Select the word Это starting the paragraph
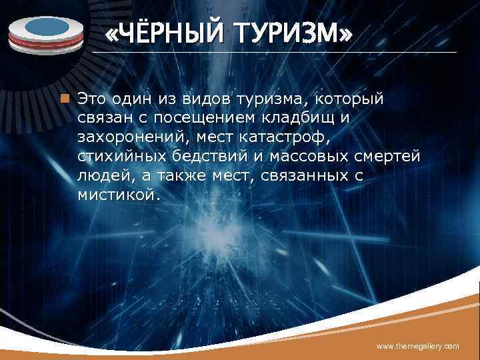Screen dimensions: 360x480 pyautogui.click(x=90, y=99)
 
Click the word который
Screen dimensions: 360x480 pyautogui.click(x=353, y=99)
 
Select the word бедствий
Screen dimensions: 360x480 pyautogui.click(x=201, y=157)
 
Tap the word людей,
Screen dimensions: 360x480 pyautogui.click(x=101, y=176)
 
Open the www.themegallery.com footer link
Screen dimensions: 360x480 pyautogui.click(x=417, y=346)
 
